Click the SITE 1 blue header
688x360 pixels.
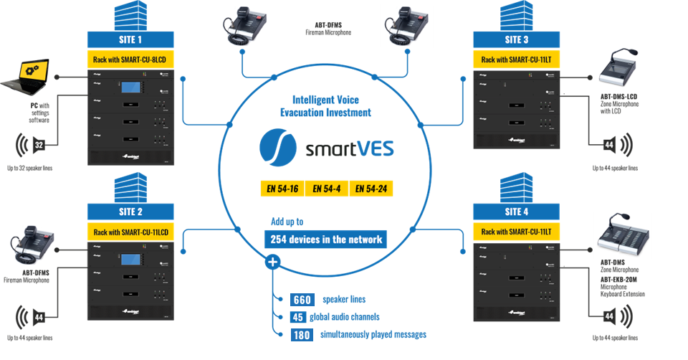[132, 39]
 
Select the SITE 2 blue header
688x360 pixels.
[132, 211]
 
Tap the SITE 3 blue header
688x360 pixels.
[517, 39]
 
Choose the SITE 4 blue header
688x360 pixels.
[517, 211]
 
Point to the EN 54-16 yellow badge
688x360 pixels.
[282, 189]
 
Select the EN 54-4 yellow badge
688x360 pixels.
[326, 189]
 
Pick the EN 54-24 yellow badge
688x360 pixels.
[371, 189]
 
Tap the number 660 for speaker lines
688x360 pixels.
[302, 300]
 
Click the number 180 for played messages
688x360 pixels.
[302, 334]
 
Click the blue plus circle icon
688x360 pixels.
[272, 262]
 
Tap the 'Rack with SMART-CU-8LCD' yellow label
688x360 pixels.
[132, 60]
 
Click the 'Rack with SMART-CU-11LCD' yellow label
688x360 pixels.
[132, 232]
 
